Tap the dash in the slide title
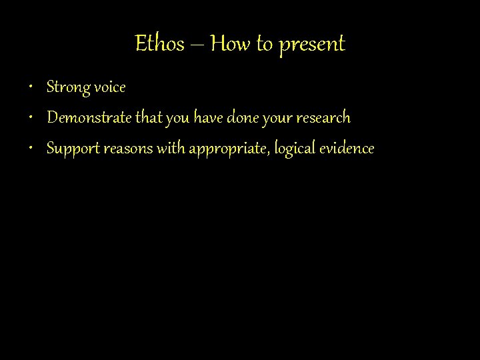(x=198, y=45)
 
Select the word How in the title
(x=231, y=44)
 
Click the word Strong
(x=67, y=87)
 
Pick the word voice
(x=109, y=87)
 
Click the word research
(x=323, y=118)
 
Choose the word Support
(x=73, y=149)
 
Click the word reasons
(x=129, y=149)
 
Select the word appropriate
(x=227, y=149)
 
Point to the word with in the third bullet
(x=171, y=148)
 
